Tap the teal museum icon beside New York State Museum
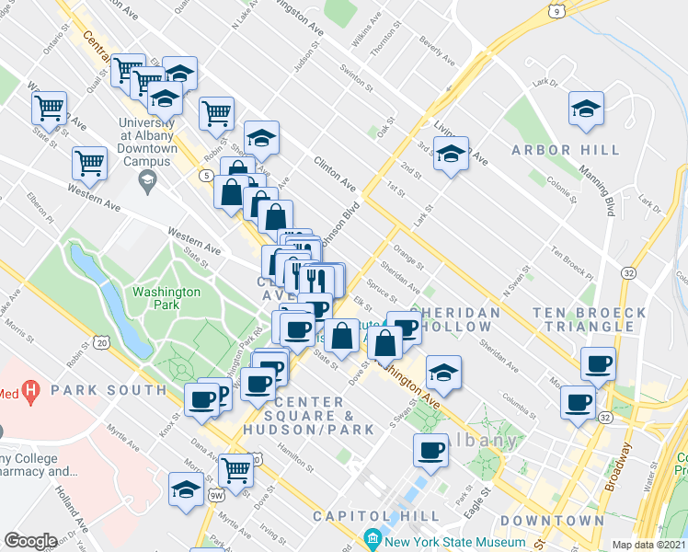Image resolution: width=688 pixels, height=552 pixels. click(373, 537)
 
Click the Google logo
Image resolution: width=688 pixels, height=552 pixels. click(30, 541)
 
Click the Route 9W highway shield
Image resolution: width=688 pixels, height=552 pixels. click(216, 496)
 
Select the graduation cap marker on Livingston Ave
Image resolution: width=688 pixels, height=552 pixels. click(451, 155)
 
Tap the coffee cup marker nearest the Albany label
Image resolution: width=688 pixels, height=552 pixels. click(430, 450)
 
